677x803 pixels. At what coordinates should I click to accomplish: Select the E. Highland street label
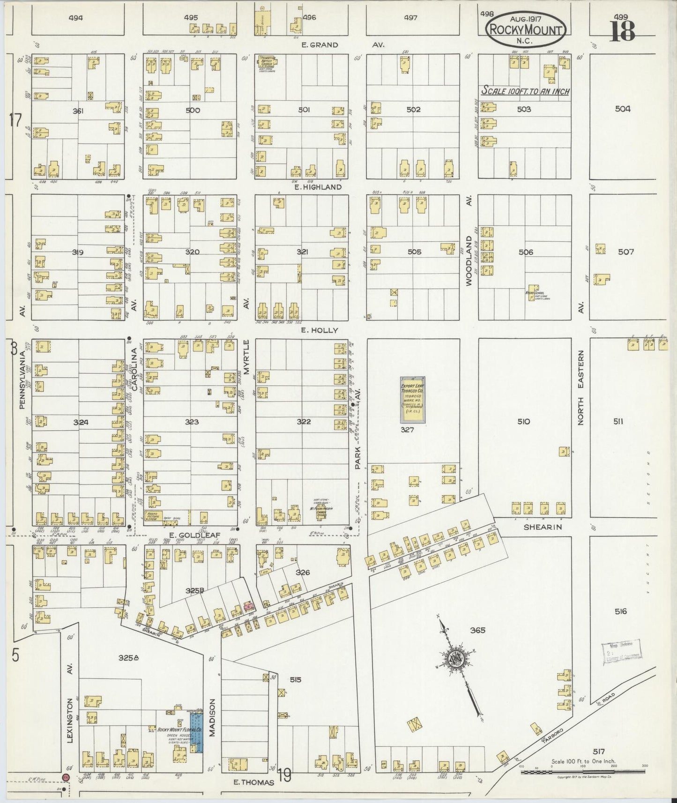(x=319, y=187)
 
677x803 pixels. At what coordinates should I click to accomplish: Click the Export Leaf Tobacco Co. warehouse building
(x=412, y=399)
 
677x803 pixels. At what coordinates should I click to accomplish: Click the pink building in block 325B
(x=248, y=607)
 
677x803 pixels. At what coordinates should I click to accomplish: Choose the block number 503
(x=524, y=109)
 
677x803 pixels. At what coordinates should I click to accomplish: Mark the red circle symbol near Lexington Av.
(x=66, y=777)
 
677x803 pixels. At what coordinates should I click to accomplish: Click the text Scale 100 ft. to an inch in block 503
(x=526, y=91)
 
